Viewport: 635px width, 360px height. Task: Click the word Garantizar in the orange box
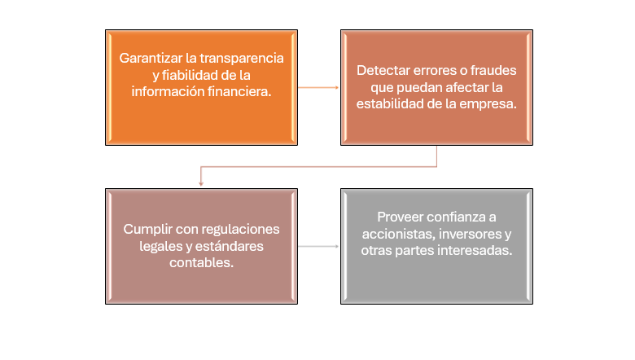point(151,59)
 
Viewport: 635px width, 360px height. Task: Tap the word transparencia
point(241,59)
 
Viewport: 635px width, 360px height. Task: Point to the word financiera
point(239,91)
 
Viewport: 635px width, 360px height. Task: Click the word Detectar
point(383,71)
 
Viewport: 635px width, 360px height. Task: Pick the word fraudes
point(493,71)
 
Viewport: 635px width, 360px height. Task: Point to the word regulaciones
point(242,230)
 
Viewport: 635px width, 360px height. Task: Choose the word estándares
point(230,246)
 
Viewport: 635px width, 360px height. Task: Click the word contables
point(201,263)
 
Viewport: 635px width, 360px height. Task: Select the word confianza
point(461,217)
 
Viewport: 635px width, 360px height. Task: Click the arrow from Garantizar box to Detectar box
point(318,87)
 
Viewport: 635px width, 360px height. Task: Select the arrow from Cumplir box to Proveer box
point(318,246)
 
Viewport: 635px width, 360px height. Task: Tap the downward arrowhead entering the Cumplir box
point(201,184)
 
